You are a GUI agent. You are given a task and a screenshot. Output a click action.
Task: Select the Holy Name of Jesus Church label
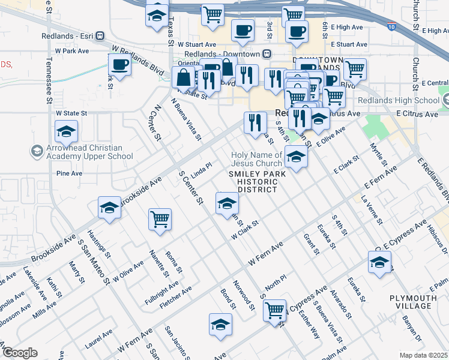coord(256,159)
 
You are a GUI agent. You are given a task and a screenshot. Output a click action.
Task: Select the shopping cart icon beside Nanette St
coord(160,220)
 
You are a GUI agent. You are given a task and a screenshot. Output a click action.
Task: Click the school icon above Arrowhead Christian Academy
coord(66,131)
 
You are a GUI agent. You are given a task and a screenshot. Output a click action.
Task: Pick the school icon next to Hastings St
coord(110,208)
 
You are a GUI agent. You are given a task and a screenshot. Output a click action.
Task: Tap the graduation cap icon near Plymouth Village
coord(379,263)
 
